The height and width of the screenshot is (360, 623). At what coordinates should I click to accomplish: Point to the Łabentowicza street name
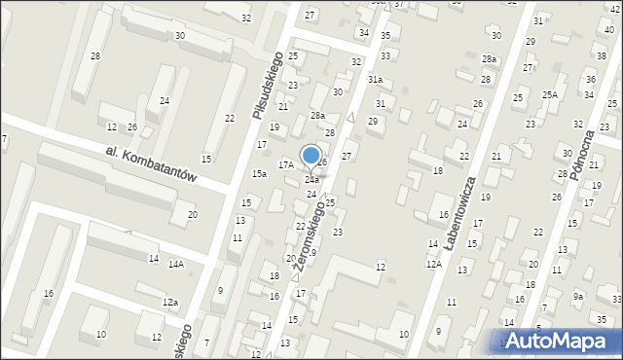[458, 214]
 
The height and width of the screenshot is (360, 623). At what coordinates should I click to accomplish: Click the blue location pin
[311, 156]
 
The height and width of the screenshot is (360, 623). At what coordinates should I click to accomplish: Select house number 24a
[311, 180]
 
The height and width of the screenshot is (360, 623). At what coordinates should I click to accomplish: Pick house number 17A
[286, 165]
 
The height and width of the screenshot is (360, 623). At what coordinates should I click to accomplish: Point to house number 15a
[260, 173]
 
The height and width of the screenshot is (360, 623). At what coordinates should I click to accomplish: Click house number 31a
[375, 80]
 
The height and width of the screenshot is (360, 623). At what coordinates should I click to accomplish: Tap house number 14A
[176, 264]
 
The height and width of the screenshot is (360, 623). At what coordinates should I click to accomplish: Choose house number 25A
[550, 94]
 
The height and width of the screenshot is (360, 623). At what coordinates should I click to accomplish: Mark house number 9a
[578, 296]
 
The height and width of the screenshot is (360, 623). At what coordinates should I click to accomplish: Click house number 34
[364, 33]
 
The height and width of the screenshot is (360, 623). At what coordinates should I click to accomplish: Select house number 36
[590, 79]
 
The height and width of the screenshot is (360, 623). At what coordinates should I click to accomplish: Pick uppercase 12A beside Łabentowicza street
[434, 264]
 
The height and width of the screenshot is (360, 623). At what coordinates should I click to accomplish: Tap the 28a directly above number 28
[317, 116]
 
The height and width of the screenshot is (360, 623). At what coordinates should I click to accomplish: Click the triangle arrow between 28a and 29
[350, 117]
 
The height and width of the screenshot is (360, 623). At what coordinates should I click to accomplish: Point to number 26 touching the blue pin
[323, 162]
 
